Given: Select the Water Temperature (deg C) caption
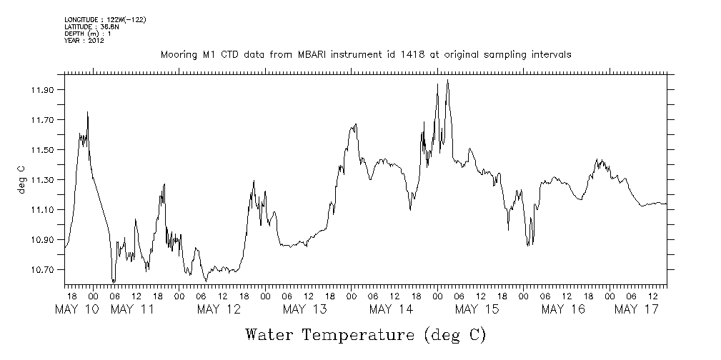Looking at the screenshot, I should pos(366,334).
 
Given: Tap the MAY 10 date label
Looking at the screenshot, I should pos(76,309).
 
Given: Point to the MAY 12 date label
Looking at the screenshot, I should pos(219,309).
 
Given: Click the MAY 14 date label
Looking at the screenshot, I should pos(391,309).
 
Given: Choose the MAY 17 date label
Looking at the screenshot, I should pos(637,309).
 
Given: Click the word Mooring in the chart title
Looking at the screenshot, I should pos(179,54).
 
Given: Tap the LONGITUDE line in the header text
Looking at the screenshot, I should pos(105,19).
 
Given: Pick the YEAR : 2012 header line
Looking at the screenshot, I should pos(84,41).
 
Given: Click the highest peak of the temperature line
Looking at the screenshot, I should pos(447,80).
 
